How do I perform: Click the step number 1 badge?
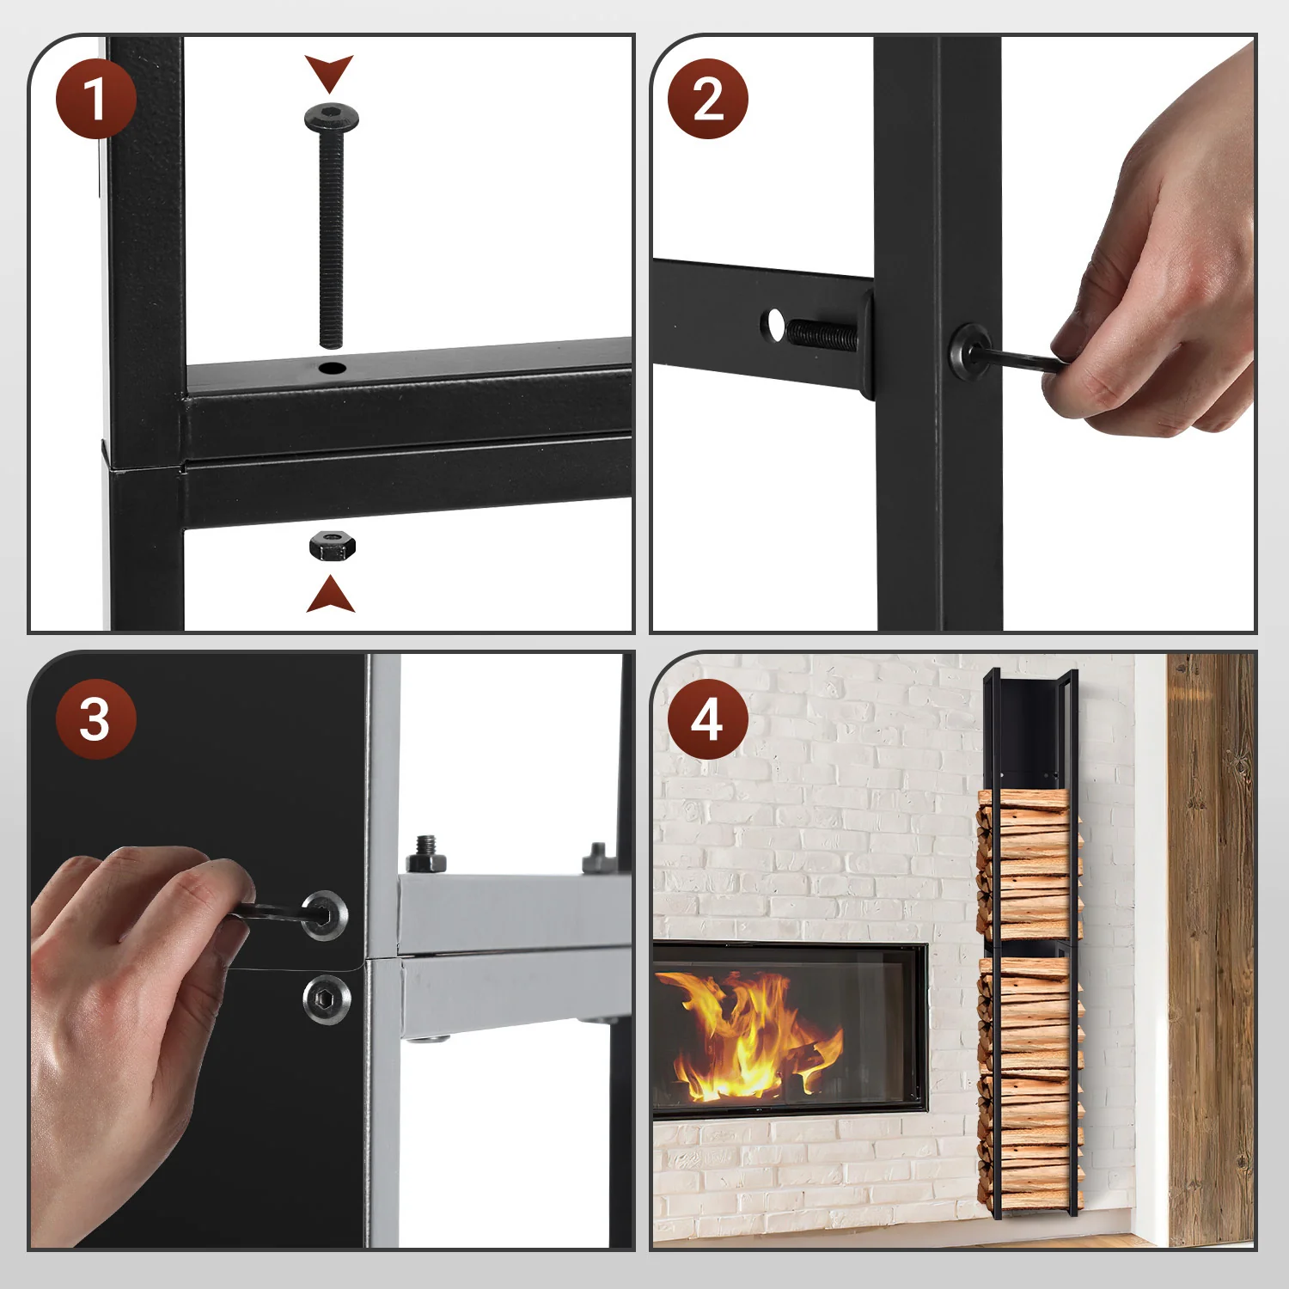click(x=96, y=99)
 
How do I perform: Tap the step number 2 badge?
click(x=708, y=99)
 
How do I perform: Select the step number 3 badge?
click(x=96, y=719)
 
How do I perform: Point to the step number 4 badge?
click(x=708, y=719)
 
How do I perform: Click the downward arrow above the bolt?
click(x=329, y=72)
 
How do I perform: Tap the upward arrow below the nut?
click(x=331, y=595)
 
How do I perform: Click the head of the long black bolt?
click(x=332, y=118)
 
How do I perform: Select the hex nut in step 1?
click(x=332, y=546)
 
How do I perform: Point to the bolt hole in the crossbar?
click(x=332, y=369)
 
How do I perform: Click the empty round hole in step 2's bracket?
click(x=775, y=325)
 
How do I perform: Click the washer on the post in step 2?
click(x=969, y=352)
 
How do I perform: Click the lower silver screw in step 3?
click(x=327, y=999)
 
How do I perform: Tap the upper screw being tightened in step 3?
click(x=325, y=915)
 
